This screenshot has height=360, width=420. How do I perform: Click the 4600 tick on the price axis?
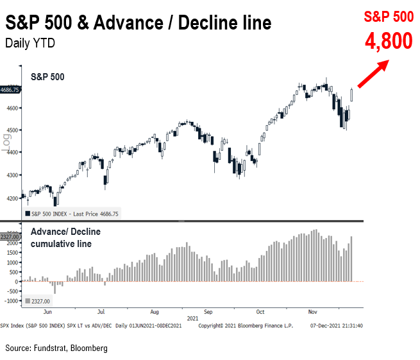[12, 107]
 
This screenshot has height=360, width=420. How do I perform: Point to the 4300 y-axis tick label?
[12, 175]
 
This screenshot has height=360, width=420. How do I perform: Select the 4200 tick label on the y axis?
[12, 198]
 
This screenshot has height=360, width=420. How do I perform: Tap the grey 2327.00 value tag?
[10, 237]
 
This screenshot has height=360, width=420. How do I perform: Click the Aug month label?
[155, 312]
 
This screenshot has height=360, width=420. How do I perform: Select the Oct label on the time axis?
[260, 312]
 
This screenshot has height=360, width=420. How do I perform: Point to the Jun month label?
[47, 312]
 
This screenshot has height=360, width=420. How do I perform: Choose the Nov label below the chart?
[313, 312]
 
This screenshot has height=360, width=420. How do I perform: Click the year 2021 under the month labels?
[193, 318]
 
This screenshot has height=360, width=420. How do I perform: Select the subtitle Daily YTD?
[30, 44]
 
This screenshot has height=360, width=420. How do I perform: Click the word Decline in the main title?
[210, 24]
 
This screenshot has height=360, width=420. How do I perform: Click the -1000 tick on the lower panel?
[12, 301]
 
